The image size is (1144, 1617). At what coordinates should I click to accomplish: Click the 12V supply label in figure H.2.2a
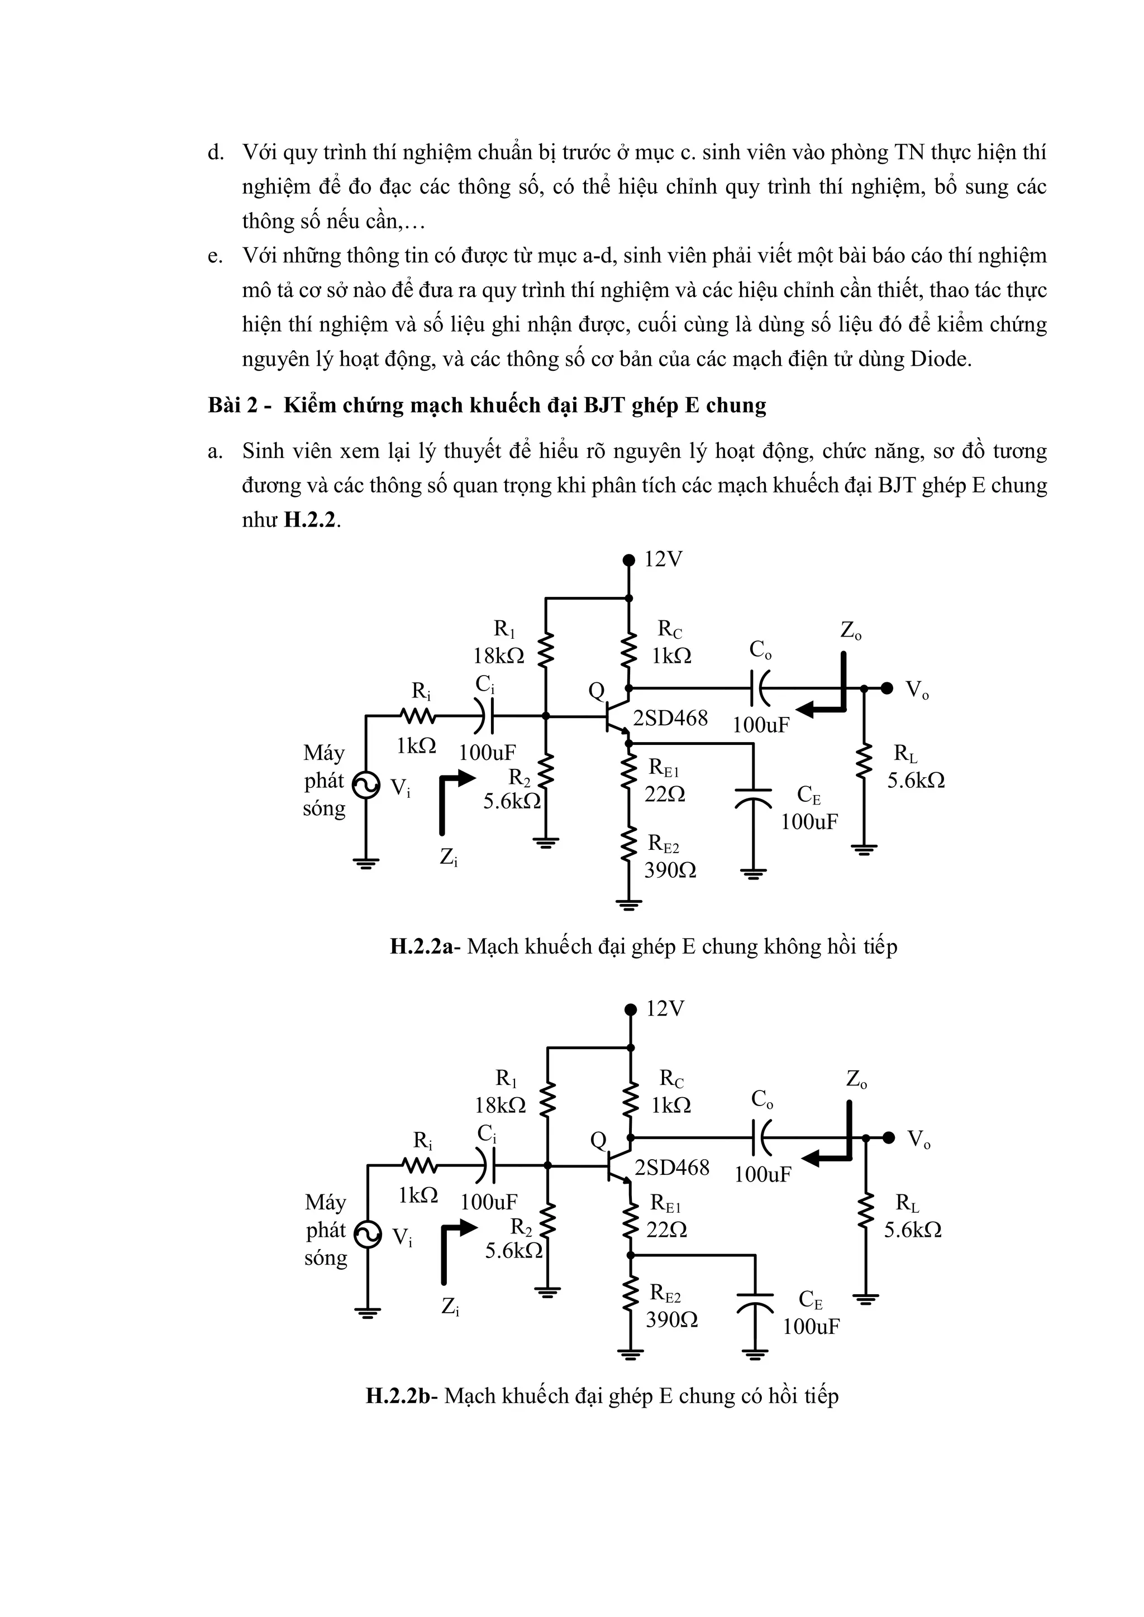(x=664, y=560)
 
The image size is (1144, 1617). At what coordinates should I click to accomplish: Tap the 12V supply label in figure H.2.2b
(x=665, y=1009)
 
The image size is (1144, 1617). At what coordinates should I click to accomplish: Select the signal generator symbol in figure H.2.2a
(x=366, y=786)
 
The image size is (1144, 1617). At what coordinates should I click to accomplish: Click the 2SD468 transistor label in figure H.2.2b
(x=671, y=1168)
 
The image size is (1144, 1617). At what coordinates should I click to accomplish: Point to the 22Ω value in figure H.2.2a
(x=664, y=795)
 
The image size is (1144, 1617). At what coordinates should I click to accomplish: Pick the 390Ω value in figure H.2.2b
(x=671, y=1319)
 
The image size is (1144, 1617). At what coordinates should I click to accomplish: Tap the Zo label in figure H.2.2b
(x=856, y=1080)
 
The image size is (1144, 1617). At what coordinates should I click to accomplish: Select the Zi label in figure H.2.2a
(x=449, y=858)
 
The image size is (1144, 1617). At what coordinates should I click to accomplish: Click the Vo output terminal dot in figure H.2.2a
(x=888, y=688)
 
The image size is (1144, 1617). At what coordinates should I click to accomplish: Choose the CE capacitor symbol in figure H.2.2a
(x=753, y=797)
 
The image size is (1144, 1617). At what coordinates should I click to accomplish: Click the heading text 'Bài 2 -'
(x=240, y=406)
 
